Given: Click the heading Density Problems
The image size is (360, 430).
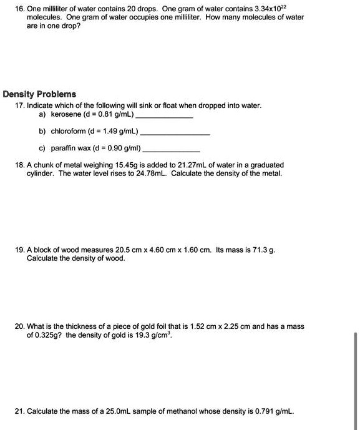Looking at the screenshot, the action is (39, 94).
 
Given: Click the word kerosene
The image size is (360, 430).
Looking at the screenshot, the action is (65, 115).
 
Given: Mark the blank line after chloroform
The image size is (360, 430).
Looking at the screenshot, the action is (175, 134).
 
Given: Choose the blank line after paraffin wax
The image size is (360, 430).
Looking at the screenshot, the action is (171, 151).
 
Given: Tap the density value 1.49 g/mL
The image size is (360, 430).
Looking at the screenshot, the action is (118, 132).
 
